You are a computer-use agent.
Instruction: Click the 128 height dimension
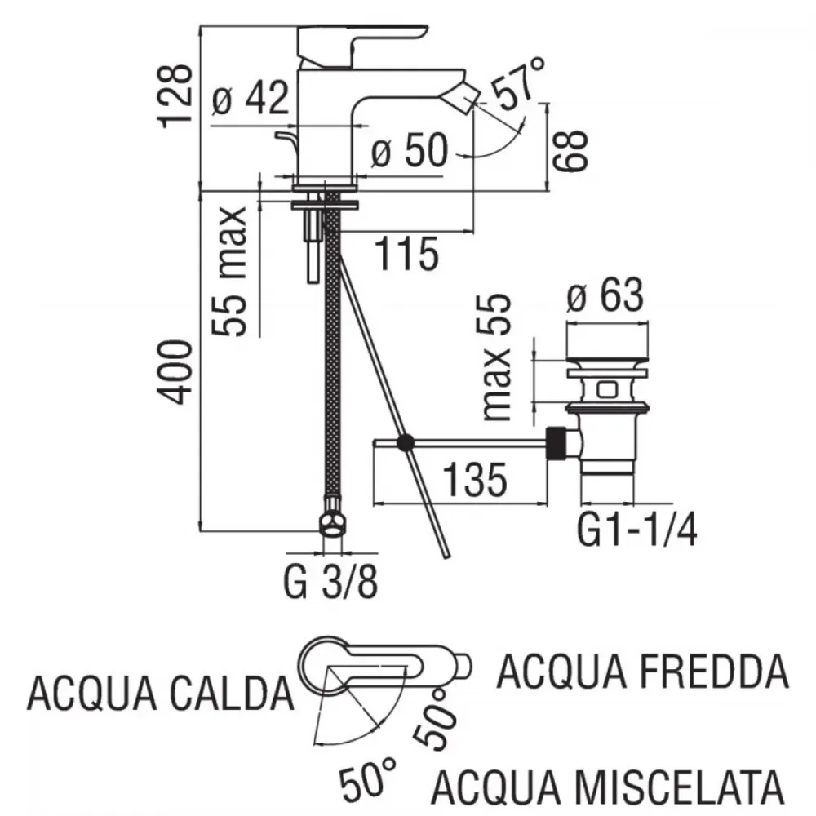click(175, 95)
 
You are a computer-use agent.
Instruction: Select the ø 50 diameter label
click(410, 150)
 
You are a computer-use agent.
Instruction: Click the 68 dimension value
click(570, 151)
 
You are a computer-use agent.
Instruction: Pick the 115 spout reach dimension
click(406, 254)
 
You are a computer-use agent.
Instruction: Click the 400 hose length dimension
click(175, 371)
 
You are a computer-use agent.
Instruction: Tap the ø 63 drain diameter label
click(605, 295)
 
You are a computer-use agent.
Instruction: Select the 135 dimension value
click(474, 480)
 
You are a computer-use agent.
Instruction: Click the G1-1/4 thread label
click(636, 530)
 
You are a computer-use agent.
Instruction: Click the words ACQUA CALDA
click(160, 694)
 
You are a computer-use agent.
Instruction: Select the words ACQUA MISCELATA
click(607, 787)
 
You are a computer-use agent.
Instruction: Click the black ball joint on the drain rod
click(406, 443)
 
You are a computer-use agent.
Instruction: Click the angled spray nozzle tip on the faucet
click(465, 99)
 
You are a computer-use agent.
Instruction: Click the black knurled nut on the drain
click(557, 443)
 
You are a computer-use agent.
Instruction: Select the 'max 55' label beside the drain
click(496, 357)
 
